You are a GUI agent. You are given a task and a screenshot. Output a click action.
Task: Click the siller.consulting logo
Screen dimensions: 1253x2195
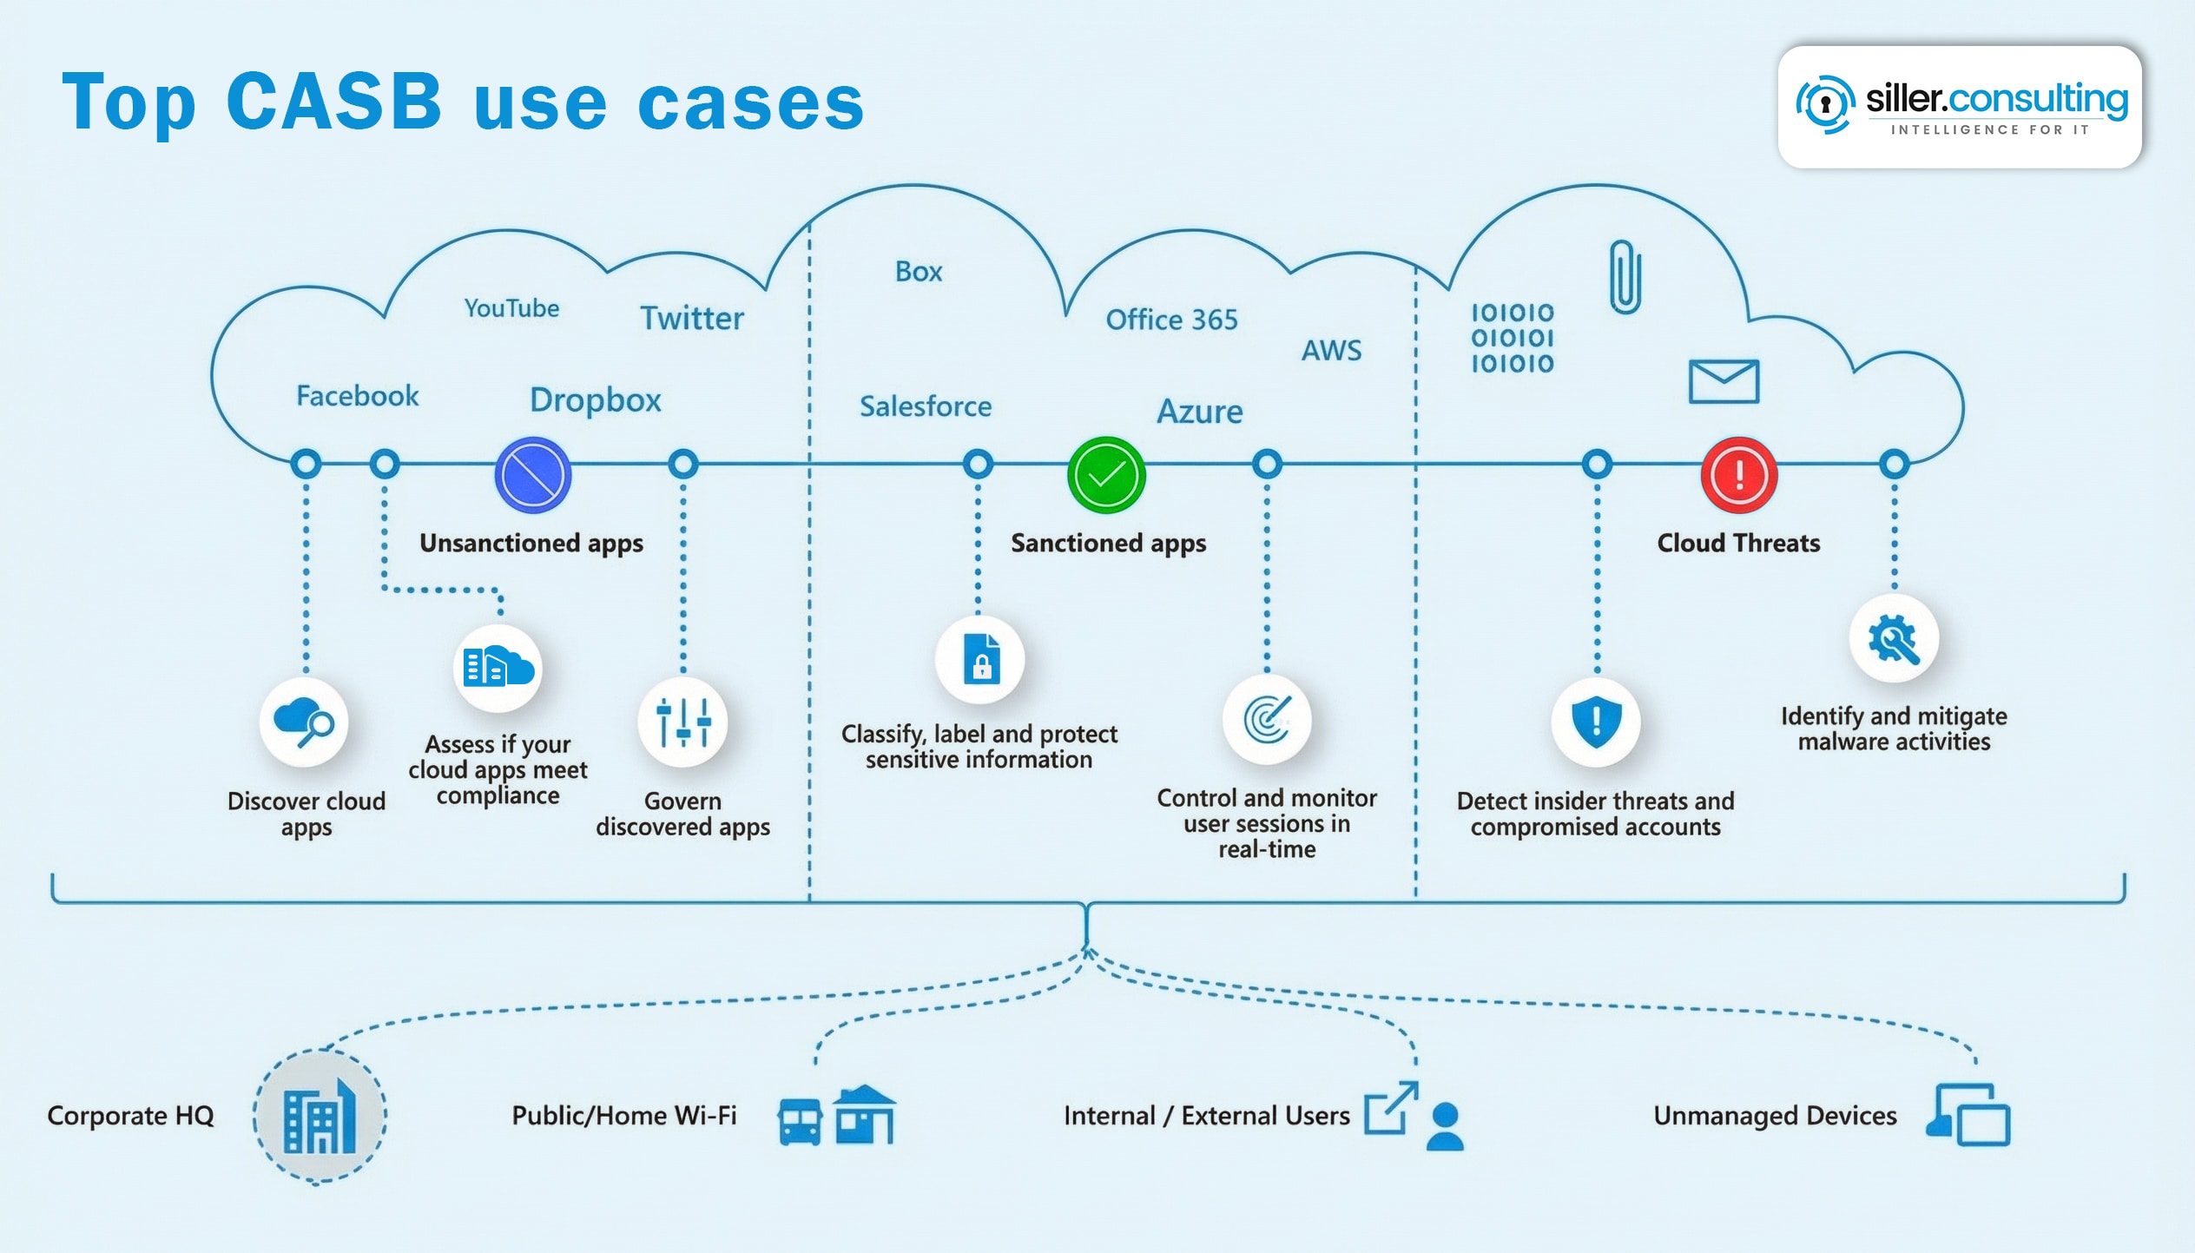[1961, 106]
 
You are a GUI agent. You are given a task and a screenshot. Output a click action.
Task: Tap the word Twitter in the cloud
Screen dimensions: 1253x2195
[692, 319]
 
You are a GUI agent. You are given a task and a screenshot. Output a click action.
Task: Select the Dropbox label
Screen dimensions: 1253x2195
[596, 400]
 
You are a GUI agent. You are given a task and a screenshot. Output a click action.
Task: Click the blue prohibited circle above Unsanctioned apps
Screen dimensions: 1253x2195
[533, 475]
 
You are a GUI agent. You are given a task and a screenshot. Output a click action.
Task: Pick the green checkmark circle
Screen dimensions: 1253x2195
[1106, 475]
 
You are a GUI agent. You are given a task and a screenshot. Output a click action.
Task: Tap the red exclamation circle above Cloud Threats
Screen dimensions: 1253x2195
[1739, 475]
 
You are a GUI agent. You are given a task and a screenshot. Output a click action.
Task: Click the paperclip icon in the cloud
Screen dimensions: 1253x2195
[1625, 277]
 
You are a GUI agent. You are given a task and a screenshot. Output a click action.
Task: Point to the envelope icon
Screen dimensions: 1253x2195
[1724, 381]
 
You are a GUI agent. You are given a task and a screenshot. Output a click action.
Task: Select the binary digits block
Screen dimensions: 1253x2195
[1512, 339]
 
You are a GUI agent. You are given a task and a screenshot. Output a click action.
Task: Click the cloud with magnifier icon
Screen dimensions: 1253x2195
[304, 722]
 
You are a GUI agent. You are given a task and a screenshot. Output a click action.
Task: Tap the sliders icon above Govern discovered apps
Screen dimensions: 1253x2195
[683, 722]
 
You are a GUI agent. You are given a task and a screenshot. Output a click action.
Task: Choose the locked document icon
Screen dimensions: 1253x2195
[981, 659]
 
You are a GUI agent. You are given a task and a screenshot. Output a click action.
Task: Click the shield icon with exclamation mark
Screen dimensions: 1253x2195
[1596, 722]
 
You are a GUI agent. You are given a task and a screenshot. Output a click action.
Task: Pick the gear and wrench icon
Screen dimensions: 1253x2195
[1894, 640]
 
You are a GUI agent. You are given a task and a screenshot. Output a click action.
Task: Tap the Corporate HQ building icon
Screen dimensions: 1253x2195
[320, 1117]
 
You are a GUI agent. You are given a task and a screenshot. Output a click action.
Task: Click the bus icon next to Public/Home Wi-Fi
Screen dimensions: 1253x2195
[799, 1122]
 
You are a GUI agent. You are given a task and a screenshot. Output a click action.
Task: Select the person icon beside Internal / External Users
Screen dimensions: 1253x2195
[1445, 1127]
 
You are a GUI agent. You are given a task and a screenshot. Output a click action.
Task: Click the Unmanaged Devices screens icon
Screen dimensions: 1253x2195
[1969, 1115]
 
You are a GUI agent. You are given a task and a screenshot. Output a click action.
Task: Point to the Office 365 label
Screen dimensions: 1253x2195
[1171, 320]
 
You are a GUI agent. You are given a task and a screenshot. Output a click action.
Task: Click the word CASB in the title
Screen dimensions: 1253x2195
[334, 102]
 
